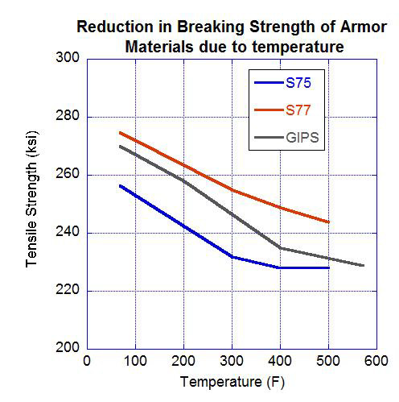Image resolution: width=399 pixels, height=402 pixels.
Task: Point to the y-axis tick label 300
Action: tap(68, 59)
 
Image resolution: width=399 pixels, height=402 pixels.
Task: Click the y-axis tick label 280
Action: tap(68, 117)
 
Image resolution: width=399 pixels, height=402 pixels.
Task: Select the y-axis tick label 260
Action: tap(68, 175)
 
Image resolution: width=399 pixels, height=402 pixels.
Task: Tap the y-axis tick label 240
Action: tap(68, 233)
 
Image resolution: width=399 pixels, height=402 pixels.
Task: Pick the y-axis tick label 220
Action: tap(68, 291)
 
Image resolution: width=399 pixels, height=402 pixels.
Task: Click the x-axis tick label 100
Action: tap(135, 362)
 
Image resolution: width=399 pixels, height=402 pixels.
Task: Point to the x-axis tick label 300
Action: tap(232, 362)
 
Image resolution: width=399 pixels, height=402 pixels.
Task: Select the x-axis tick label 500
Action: tap(329, 362)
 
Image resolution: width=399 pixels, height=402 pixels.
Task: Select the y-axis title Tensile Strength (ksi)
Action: tap(32, 204)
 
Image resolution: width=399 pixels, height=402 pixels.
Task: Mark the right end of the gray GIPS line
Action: tap(364, 265)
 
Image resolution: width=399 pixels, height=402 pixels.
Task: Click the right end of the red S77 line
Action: tap(329, 222)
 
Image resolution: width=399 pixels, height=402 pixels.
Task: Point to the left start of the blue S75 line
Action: tap(119, 185)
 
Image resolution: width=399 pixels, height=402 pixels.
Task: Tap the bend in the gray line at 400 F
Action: tap(281, 248)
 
